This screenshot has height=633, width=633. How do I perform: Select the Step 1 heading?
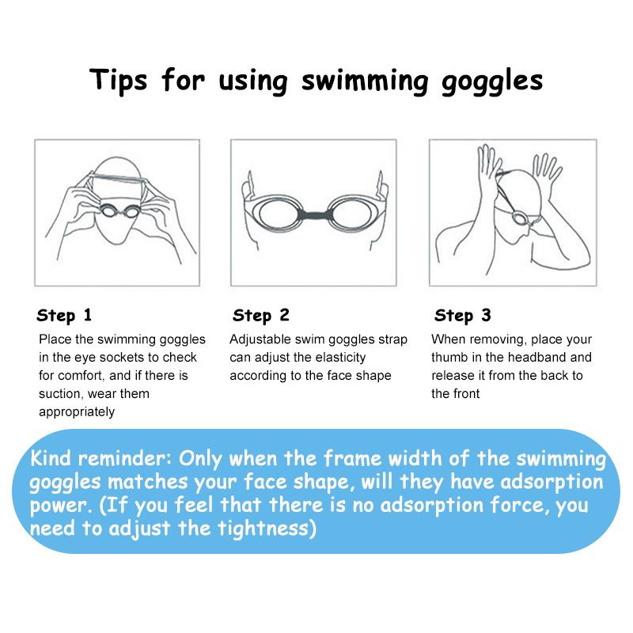tap(64, 315)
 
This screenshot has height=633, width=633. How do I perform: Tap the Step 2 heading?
tap(261, 315)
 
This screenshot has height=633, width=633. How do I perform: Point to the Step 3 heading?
tap(463, 315)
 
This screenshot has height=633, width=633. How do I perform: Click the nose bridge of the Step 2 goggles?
tap(314, 214)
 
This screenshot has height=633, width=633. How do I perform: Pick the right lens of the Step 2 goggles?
tap(350, 214)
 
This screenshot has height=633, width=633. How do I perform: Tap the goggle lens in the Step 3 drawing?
tap(517, 218)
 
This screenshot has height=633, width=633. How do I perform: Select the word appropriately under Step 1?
tap(77, 412)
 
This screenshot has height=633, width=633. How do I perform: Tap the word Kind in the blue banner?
tap(51, 458)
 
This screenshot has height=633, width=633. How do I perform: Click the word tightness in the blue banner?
tap(263, 529)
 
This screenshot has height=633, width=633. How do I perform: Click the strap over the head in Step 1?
tap(117, 176)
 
